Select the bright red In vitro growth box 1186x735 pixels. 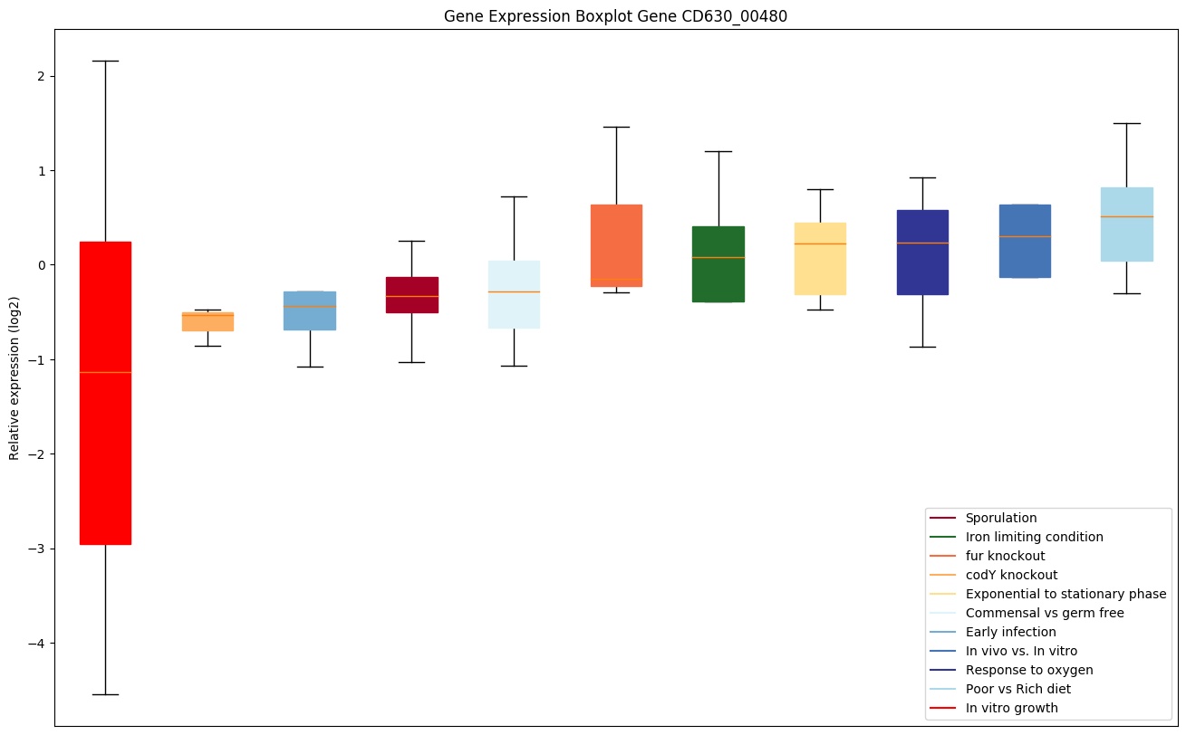[105, 392]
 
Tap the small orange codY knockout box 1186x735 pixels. [207, 321]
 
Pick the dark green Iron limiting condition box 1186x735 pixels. [718, 263]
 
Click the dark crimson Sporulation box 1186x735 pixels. [412, 294]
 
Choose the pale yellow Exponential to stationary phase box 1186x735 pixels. [820, 258]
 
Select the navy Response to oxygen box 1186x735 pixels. [922, 252]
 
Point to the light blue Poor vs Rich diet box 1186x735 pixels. [1126, 224]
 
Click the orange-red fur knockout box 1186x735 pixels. [616, 245]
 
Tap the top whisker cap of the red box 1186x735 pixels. [105, 61]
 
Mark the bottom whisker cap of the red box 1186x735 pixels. [105, 694]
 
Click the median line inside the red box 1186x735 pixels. [105, 372]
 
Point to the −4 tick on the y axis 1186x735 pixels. [39, 644]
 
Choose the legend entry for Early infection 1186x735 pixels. [1010, 632]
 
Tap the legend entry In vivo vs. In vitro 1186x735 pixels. [1021, 651]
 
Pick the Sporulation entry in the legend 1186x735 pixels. [1000, 518]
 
